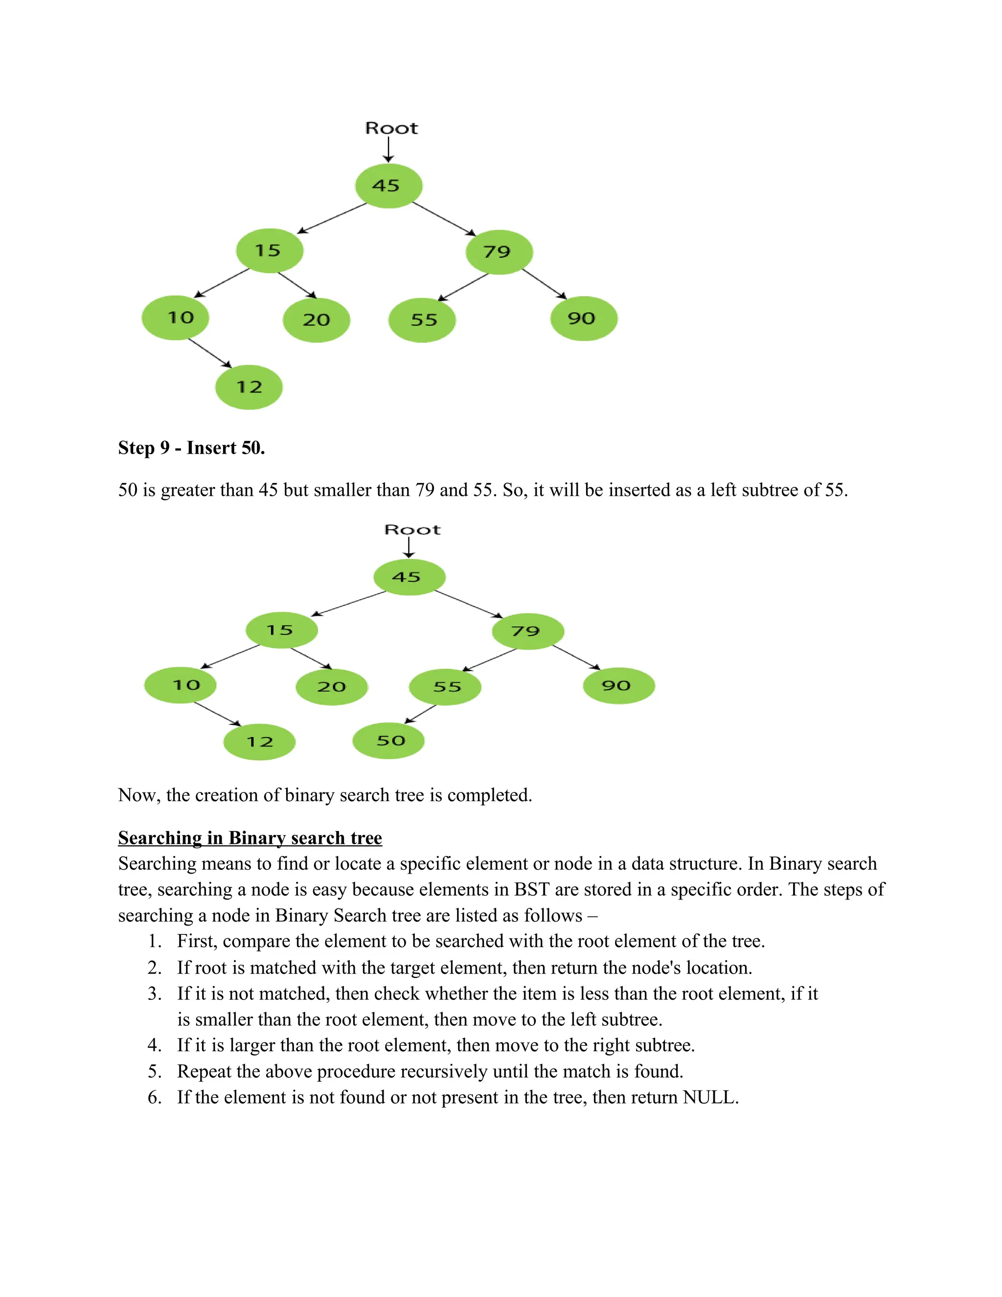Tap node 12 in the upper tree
coord(249,387)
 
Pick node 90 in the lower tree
coord(618,686)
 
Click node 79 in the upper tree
coord(499,252)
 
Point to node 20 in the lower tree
coord(331,687)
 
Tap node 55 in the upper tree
coord(422,320)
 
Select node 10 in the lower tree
coord(181,685)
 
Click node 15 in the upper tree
coord(270,251)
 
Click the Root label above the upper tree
coord(391,128)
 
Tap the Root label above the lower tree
coord(412,530)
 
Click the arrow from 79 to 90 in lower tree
coord(576,657)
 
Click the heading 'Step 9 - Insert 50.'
coord(191,448)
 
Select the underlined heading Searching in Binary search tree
coord(250,837)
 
